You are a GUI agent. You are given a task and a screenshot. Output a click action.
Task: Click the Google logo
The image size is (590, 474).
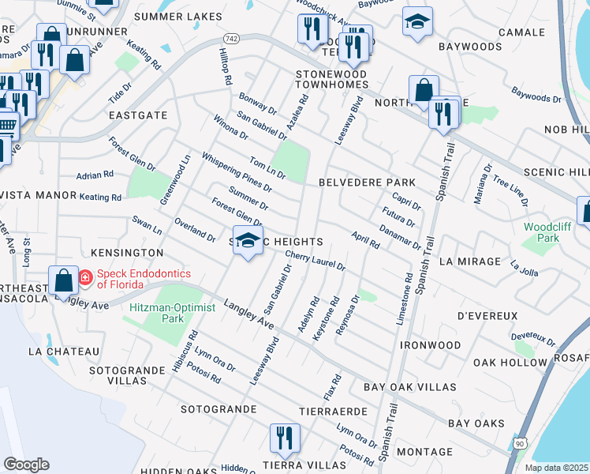(x=26, y=465)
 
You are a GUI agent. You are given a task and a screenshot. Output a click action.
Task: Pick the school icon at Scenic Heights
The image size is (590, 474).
(x=248, y=241)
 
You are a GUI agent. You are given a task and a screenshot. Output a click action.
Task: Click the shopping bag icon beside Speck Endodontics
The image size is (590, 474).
(x=64, y=280)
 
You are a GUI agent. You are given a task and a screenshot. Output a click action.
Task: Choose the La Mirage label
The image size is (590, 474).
(x=470, y=261)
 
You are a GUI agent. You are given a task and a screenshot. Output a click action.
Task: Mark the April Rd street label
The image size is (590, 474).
(x=367, y=240)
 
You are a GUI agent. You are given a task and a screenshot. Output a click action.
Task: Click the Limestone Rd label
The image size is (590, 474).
(x=409, y=297)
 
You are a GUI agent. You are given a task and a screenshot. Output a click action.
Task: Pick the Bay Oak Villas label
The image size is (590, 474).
(x=410, y=387)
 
